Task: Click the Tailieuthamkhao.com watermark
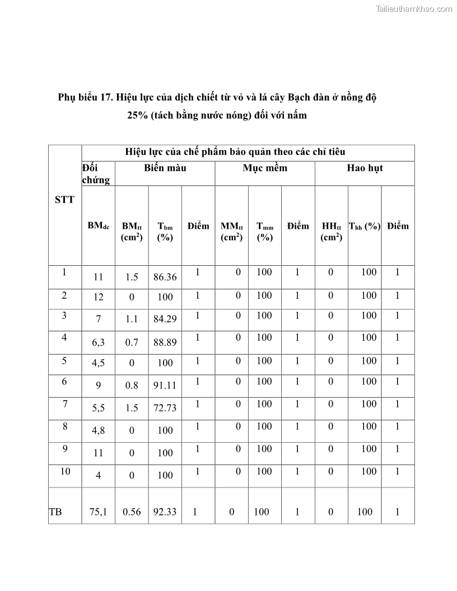[x=413, y=9]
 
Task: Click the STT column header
[x=64, y=200]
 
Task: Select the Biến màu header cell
[x=165, y=168]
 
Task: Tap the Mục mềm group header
[x=265, y=168]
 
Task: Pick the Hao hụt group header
[x=365, y=168]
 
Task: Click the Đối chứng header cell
[x=96, y=173]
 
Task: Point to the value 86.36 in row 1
[x=165, y=277]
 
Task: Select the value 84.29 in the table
[x=165, y=320]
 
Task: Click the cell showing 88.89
[x=165, y=342]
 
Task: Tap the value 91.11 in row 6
[x=165, y=386]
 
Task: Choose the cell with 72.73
[x=165, y=408]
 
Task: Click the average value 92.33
[x=165, y=512]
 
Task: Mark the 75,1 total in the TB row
[x=99, y=512]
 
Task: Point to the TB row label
[x=55, y=512]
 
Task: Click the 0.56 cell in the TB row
[x=132, y=512]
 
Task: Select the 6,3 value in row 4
[x=99, y=342]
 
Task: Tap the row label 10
[x=65, y=471]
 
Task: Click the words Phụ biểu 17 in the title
[x=85, y=97]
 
